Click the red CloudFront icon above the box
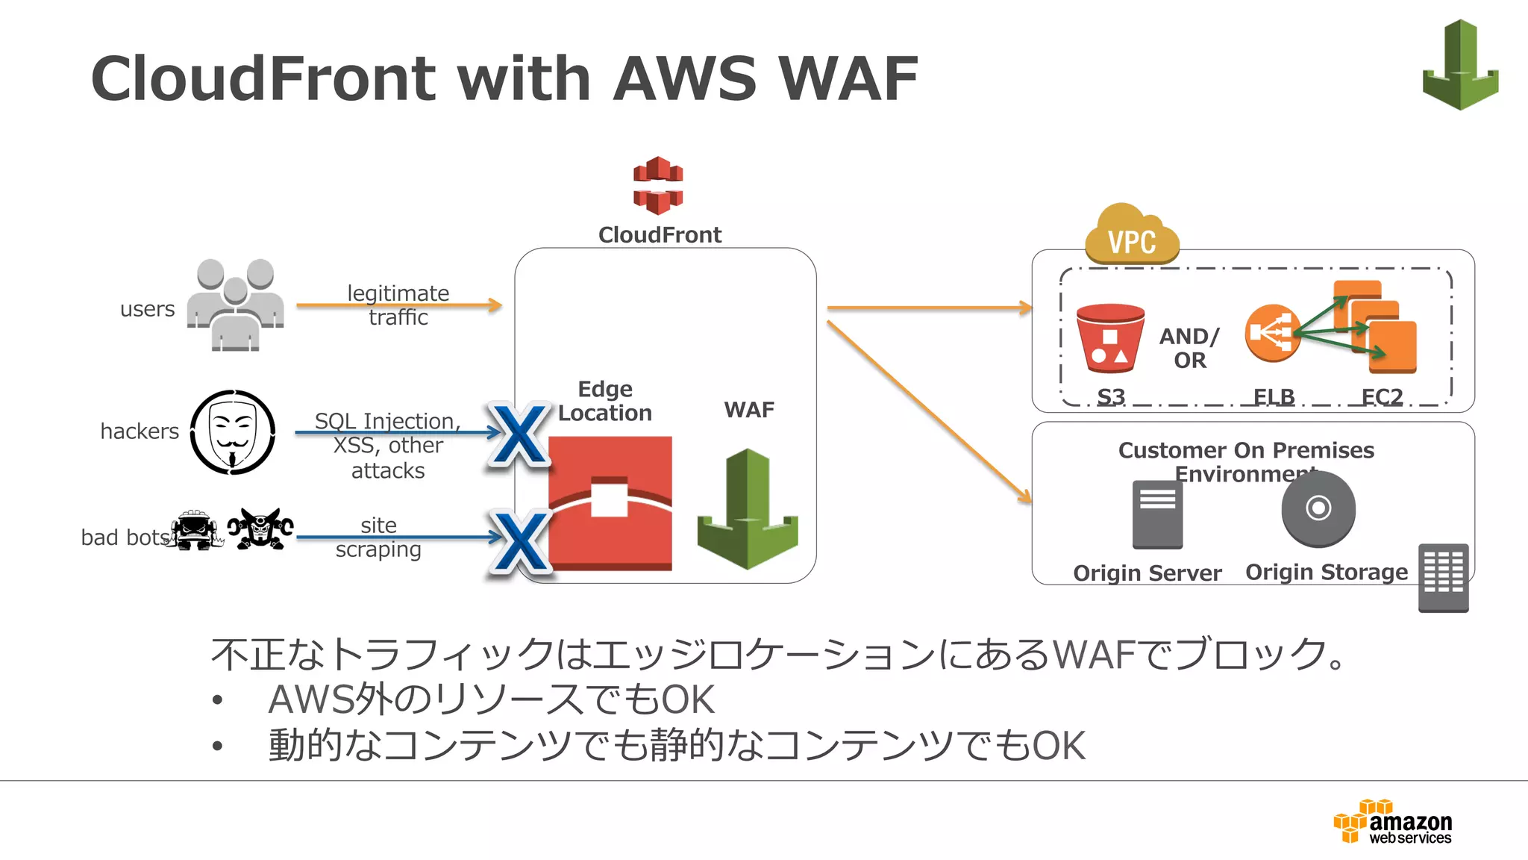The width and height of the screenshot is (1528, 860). coord(657,185)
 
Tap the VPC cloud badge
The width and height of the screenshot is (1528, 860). coord(1132,237)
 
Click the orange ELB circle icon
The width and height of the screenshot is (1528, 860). coord(1271,333)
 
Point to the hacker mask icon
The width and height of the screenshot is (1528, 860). coord(233,432)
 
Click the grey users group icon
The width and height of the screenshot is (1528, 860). coord(235,305)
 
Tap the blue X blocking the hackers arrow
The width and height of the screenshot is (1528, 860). coord(519,434)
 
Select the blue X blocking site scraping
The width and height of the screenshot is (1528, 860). coord(521,540)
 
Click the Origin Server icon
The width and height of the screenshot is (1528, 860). coord(1157,514)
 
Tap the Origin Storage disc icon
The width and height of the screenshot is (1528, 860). coord(1318,509)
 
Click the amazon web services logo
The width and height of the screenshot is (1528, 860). coord(1393,822)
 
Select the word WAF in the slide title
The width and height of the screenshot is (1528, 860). coord(848,78)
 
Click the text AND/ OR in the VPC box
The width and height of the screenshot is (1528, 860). coord(1189,348)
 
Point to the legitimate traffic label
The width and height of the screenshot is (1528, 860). coord(398,305)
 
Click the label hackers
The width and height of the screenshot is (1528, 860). coord(140,431)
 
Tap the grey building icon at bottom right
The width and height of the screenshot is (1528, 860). coord(1443,578)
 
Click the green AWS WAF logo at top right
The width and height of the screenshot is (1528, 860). coord(1460,65)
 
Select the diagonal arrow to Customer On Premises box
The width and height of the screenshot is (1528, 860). coord(929,411)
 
